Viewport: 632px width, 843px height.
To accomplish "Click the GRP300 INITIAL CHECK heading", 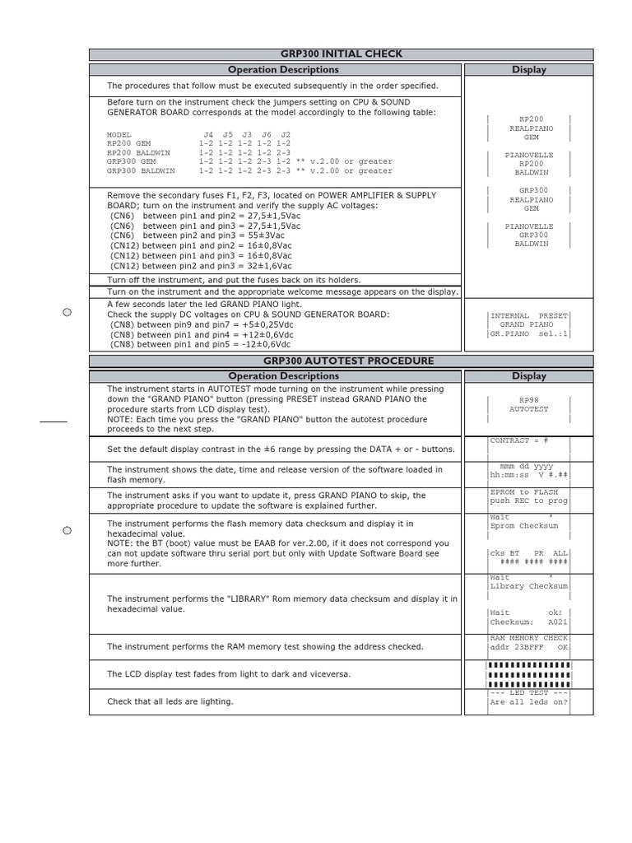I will point(341,54).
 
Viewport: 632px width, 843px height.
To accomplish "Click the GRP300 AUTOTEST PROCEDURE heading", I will point(341,361).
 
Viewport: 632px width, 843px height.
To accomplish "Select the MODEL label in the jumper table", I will point(119,134).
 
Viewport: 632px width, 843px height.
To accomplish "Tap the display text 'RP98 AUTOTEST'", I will point(528,404).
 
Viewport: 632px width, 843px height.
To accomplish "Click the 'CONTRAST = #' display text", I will point(518,441).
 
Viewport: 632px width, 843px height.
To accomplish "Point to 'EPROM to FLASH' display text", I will point(524,491).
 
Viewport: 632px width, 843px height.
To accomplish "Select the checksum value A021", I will point(557,623).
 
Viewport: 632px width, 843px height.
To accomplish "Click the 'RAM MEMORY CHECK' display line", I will point(528,638).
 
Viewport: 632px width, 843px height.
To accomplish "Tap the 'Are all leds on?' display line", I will point(528,702).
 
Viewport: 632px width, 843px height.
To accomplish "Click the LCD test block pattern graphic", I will point(528,674).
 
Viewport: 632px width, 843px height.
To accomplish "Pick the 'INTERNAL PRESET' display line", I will point(528,315).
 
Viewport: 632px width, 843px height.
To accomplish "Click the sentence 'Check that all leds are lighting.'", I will point(170,701).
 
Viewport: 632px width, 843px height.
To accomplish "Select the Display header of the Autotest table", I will point(528,376).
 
